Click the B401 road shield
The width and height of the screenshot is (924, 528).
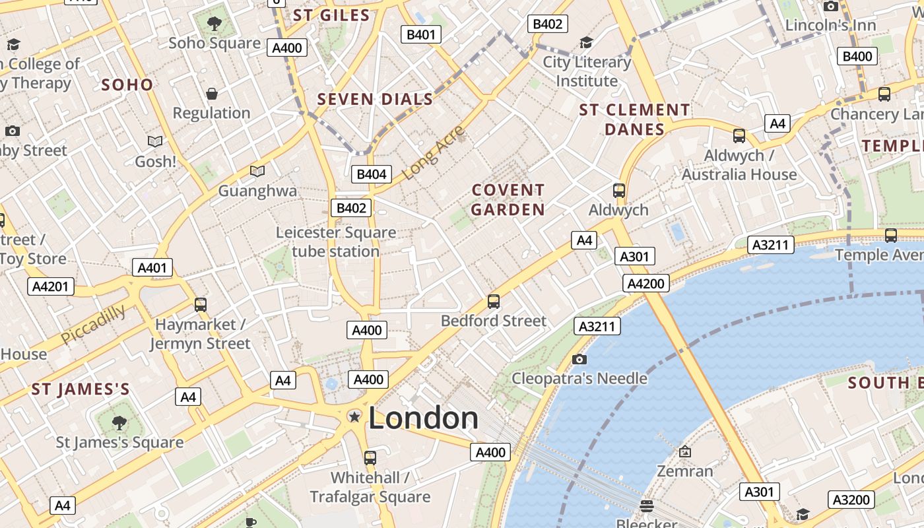421,34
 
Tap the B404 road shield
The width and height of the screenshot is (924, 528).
372,174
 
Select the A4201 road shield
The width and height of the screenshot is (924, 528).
51,286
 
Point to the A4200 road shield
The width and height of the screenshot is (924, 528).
646,284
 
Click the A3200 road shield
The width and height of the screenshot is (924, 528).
851,500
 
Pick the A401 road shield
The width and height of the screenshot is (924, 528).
152,267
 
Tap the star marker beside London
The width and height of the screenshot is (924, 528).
354,416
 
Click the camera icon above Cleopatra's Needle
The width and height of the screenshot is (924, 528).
579,359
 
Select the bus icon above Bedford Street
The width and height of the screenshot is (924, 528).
494,302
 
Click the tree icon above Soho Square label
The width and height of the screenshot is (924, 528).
214,24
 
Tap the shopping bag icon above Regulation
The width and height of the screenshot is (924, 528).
212,94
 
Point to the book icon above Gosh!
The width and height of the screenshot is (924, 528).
155,141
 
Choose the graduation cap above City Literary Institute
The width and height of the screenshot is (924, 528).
586,43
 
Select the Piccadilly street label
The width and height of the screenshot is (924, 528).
93,324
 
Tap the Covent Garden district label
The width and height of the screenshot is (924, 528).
508,200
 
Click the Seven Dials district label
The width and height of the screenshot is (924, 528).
375,100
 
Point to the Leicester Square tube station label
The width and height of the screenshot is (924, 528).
336,242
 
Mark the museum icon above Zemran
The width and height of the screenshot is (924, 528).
684,451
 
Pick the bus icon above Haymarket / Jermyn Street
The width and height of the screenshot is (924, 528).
201,305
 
